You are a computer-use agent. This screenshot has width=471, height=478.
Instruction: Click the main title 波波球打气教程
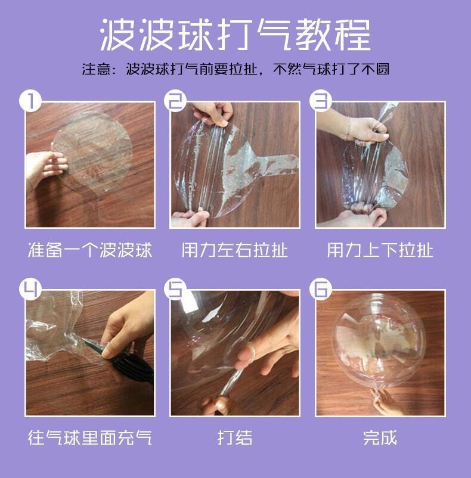[x=235, y=35]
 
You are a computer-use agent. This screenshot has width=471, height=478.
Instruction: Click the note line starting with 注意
[x=235, y=70]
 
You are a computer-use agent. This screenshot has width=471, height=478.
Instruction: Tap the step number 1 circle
[x=30, y=101]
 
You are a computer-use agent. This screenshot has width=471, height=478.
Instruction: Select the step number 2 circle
[x=175, y=101]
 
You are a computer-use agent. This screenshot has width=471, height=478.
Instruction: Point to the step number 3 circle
[x=321, y=101]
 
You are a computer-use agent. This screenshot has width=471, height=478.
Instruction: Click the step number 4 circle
[x=30, y=289]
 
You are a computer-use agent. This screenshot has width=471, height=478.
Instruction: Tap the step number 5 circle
[x=175, y=289]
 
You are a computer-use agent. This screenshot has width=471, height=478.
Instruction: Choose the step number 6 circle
[x=321, y=289]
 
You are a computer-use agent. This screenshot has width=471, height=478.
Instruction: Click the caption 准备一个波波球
[x=90, y=250]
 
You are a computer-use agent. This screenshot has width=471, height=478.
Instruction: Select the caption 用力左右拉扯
[x=235, y=250]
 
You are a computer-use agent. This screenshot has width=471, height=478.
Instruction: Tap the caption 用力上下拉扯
[x=380, y=250]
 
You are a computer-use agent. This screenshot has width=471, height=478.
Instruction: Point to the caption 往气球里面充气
[x=90, y=437]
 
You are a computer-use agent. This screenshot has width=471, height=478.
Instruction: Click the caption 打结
[x=235, y=437]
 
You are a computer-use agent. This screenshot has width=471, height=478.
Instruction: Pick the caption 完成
[x=380, y=437]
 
